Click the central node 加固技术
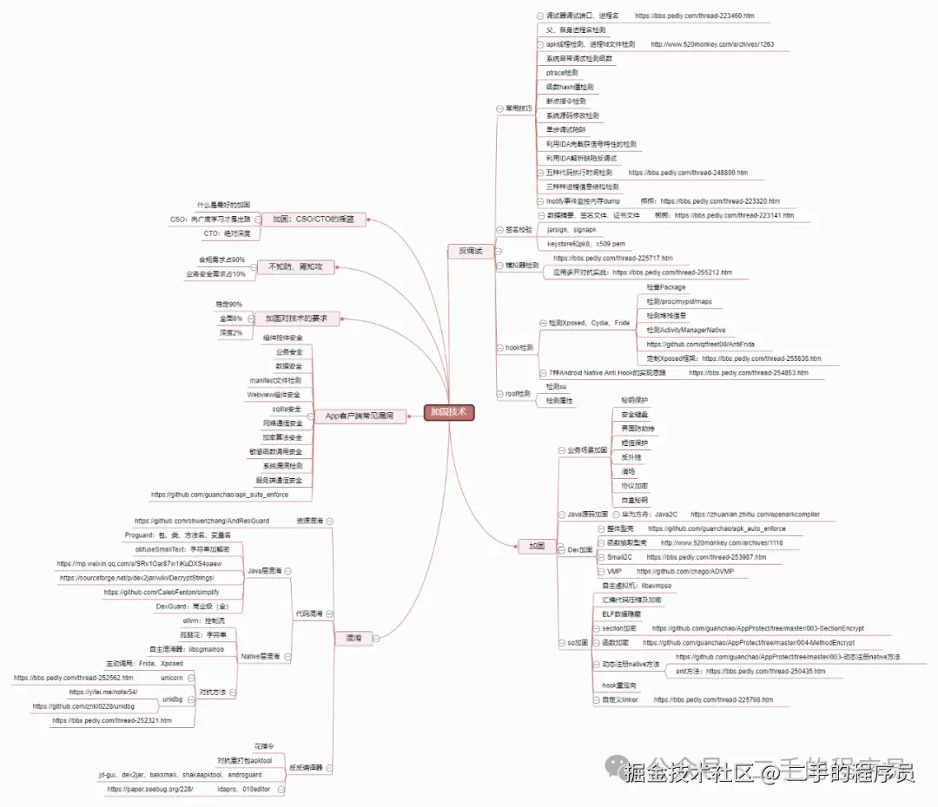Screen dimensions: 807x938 (x=449, y=412)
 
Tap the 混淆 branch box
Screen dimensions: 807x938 (x=353, y=638)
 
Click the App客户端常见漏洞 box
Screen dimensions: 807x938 (x=353, y=417)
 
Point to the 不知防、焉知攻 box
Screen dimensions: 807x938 (x=295, y=266)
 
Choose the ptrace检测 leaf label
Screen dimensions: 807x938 (x=562, y=73)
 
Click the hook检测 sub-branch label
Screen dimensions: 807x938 (x=519, y=347)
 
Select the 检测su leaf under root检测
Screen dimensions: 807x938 (x=557, y=386)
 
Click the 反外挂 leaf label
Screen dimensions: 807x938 (x=631, y=456)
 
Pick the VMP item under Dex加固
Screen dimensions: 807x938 (x=614, y=572)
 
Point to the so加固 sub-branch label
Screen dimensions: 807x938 (x=578, y=643)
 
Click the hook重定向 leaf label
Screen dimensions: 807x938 (x=619, y=686)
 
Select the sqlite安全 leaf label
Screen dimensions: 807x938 (x=287, y=409)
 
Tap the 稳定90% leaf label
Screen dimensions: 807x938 (x=228, y=305)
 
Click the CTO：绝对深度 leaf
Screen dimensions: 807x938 (x=227, y=233)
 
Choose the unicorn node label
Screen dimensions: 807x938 (x=172, y=677)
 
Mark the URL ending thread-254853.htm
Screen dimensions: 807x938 (x=748, y=372)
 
